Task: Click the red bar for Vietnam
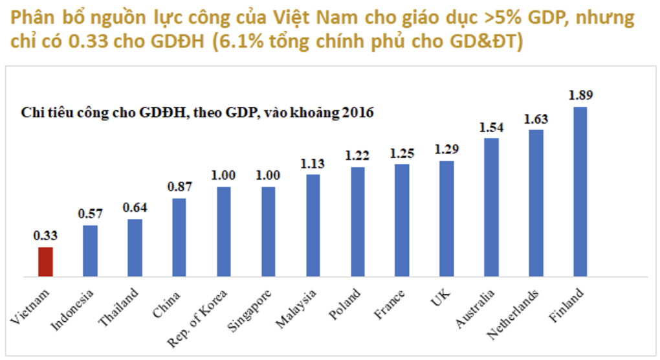tap(45, 262)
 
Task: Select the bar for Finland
tap(580, 192)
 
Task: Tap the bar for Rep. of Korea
tap(224, 232)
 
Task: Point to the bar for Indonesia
tap(91, 251)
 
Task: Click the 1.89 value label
tap(580, 95)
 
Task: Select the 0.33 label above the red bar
tap(45, 236)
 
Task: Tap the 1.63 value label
tap(536, 118)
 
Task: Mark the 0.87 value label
tap(179, 187)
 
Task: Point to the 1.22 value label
tap(358, 156)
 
